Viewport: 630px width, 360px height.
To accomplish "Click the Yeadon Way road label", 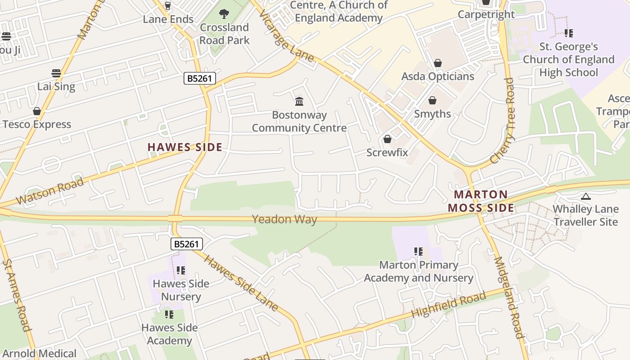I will coord(284,220).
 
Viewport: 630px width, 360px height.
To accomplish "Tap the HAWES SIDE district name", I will coord(185,147).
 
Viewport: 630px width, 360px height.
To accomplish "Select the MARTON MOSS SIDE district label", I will coord(481,201).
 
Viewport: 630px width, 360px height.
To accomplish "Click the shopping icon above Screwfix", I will coord(387,139).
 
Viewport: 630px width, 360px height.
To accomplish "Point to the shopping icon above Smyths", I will coord(432,100).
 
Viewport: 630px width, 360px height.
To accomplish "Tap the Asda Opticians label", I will coord(437,76).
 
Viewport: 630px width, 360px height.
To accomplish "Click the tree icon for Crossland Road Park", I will coord(224,14).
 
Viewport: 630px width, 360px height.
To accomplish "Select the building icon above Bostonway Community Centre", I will coord(299,101).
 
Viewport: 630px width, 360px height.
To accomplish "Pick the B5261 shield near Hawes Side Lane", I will coord(187,244).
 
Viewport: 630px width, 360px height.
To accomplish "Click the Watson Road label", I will coord(49,191).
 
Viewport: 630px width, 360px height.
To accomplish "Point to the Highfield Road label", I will coord(449,305).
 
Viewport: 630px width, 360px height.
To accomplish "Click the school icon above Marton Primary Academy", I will coord(418,252).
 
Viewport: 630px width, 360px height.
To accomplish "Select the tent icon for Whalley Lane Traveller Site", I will coord(585,196).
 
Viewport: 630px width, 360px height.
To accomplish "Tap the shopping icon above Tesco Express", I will coord(37,111).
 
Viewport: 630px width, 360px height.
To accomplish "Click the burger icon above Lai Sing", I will coord(56,73).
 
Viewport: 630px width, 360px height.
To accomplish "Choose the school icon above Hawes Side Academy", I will coord(169,315).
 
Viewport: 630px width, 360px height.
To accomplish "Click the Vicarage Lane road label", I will coord(286,36).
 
